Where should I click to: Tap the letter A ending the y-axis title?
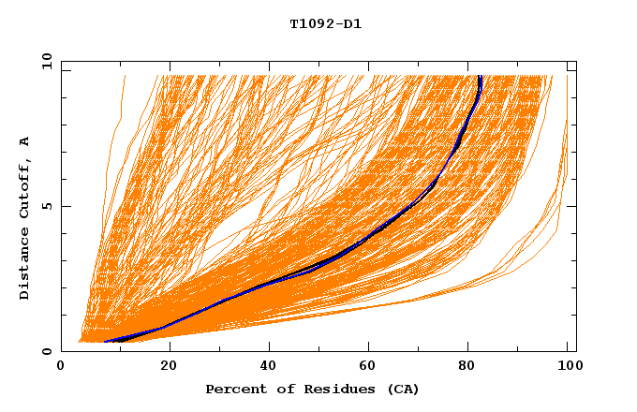25,140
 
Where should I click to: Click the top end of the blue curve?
480,76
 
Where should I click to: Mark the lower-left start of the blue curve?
106,342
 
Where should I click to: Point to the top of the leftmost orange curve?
123,76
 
